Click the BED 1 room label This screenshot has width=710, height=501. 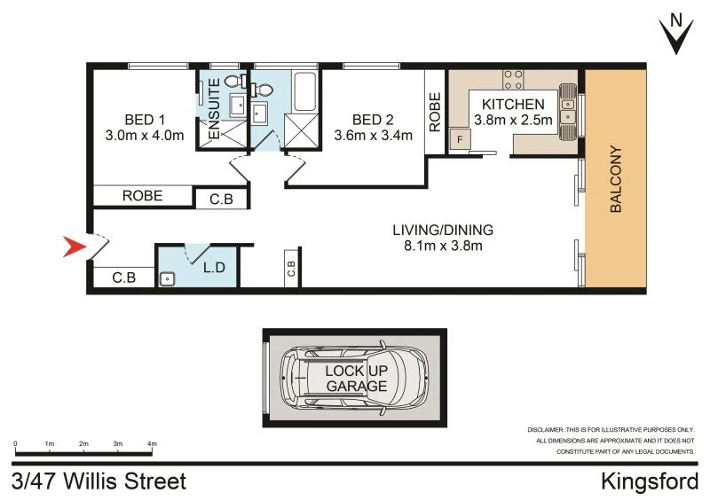[x=145, y=120]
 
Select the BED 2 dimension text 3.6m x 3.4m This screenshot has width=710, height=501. [x=373, y=136]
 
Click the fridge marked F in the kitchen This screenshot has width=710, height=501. [x=460, y=139]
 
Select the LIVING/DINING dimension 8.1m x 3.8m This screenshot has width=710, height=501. [x=442, y=246]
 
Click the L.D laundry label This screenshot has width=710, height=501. [x=214, y=267]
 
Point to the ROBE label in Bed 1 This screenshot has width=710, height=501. [x=142, y=196]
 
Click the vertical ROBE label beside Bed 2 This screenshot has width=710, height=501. [x=435, y=113]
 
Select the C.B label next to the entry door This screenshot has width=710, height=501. [x=123, y=278]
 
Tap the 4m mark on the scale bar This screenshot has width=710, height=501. [x=152, y=442]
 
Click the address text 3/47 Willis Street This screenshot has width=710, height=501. [x=99, y=481]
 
